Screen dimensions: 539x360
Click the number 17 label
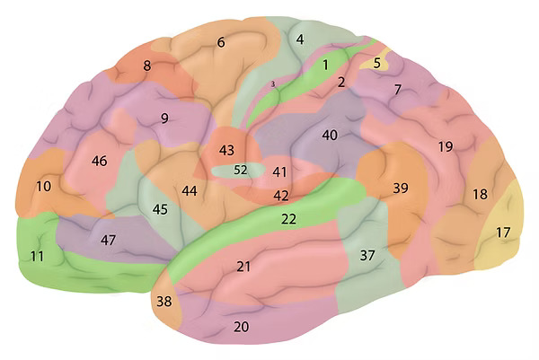click(503, 233)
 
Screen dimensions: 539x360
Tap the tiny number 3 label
click(273, 83)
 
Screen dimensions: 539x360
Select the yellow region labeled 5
click(376, 61)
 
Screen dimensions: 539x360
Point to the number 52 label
click(241, 170)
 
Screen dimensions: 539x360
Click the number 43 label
click(227, 150)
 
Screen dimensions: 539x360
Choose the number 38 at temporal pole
click(164, 302)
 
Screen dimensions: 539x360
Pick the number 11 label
click(37, 256)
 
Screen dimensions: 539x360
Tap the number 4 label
click(300, 40)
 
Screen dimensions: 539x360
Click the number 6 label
click(221, 42)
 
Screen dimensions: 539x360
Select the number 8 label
click(147, 66)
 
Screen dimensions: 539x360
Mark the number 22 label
click(288, 219)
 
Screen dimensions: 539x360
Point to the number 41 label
click(279, 171)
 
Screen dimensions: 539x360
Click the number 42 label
click(281, 196)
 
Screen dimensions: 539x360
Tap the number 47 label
click(109, 240)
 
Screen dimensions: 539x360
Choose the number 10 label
click(44, 187)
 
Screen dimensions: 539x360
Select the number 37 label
click(367, 255)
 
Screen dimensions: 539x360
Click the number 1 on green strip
click(325, 65)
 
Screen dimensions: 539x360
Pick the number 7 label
click(397, 90)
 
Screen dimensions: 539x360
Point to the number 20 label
click(242, 327)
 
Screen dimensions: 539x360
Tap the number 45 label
click(160, 209)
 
